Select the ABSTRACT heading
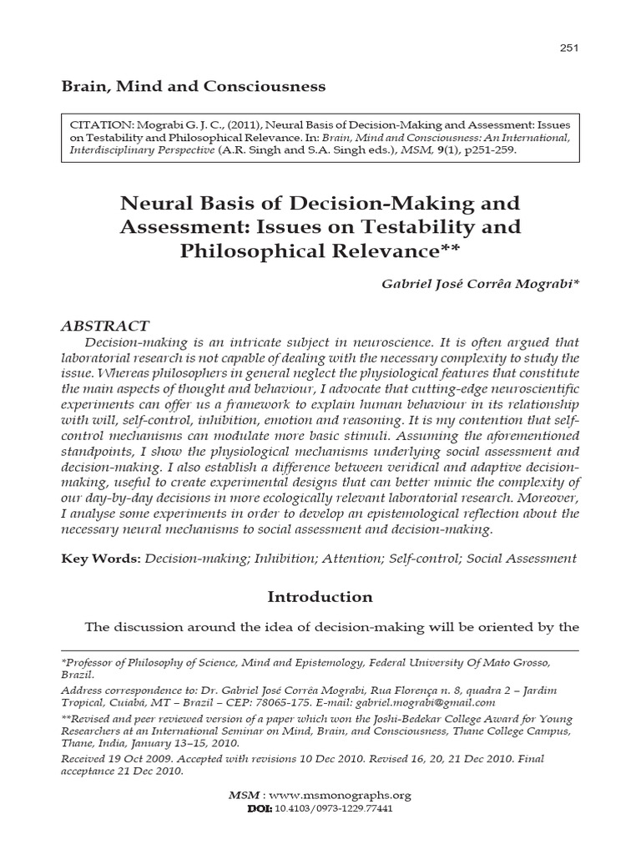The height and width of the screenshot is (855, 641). pos(106,326)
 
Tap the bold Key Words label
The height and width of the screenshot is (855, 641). pos(101,559)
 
